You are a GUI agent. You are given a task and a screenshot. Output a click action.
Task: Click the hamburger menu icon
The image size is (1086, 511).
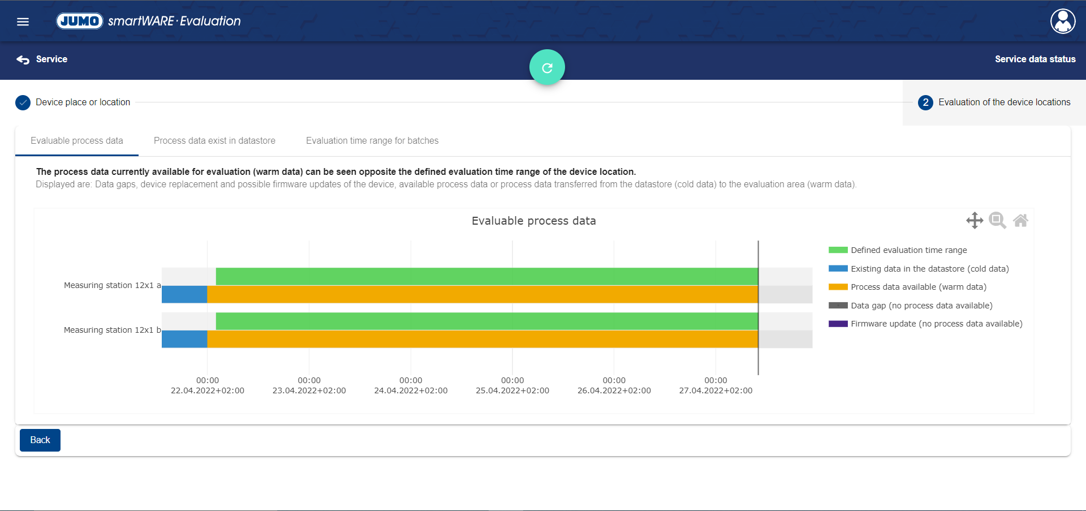click(23, 22)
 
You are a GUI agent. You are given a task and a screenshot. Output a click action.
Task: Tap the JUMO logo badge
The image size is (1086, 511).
click(80, 21)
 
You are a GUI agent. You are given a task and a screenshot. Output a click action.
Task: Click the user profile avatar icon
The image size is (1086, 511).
click(1063, 22)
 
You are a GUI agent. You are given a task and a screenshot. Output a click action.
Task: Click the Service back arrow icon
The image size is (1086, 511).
click(23, 59)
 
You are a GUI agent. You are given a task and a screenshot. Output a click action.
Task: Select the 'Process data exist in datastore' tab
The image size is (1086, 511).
click(214, 141)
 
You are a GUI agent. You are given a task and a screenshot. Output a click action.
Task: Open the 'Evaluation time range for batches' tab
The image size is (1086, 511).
click(372, 141)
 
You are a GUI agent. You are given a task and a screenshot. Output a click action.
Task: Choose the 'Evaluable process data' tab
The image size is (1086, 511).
click(77, 141)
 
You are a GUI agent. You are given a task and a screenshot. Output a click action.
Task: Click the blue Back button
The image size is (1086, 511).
click(40, 440)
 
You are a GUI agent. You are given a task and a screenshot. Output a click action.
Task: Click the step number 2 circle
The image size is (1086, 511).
click(925, 102)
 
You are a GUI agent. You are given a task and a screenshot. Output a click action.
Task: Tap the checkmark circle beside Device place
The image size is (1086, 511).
click(23, 102)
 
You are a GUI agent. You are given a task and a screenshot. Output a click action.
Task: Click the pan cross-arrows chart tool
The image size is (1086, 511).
click(975, 220)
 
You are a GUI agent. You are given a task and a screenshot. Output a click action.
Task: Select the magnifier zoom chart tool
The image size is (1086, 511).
click(997, 220)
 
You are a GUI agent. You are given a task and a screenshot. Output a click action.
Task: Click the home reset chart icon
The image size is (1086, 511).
click(1020, 220)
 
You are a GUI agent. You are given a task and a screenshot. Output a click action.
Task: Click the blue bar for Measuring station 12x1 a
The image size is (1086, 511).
click(184, 294)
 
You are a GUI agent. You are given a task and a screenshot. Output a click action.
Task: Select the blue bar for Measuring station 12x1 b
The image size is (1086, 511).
click(184, 339)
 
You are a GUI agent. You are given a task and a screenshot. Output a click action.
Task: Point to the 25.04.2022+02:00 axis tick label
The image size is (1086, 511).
click(512, 390)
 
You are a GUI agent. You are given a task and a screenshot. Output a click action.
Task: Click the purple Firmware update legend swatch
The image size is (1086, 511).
click(838, 324)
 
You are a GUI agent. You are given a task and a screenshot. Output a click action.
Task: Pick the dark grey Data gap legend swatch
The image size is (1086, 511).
click(838, 306)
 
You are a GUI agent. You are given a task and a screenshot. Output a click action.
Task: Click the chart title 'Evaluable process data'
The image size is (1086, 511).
click(533, 221)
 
